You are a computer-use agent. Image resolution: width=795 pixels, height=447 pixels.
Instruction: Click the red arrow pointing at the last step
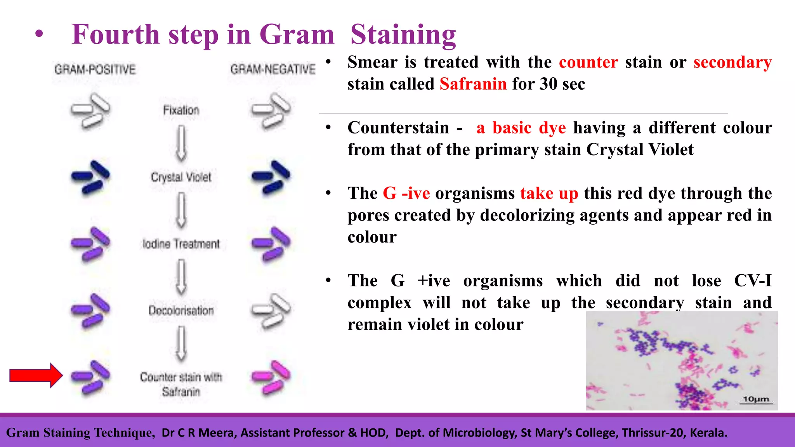(36, 375)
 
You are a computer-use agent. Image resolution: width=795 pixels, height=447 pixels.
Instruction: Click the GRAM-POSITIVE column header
(95, 69)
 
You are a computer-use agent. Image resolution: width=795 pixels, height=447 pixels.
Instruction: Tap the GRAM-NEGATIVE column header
(273, 69)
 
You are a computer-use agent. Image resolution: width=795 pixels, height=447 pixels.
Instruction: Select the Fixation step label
(181, 110)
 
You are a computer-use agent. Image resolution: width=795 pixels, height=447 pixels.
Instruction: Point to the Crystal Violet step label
(181, 177)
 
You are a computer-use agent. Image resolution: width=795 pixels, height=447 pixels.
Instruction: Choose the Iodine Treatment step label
(181, 244)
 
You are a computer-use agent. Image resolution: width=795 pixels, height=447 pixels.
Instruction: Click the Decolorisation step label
(181, 310)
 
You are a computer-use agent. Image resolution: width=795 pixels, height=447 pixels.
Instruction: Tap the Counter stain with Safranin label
(181, 384)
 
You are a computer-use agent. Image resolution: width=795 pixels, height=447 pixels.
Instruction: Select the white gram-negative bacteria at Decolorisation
(271, 310)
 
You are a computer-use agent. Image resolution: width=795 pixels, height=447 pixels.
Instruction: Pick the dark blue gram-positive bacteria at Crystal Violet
(90, 177)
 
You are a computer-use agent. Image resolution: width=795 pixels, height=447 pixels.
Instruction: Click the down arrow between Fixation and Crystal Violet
(181, 143)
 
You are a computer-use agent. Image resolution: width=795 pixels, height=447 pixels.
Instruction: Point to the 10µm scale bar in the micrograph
(756, 400)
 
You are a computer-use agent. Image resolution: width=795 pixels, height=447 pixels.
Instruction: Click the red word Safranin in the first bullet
(473, 84)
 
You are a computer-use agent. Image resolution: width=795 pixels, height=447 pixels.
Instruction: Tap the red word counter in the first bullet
(588, 62)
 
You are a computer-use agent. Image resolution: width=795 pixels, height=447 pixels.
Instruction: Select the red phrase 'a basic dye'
(521, 128)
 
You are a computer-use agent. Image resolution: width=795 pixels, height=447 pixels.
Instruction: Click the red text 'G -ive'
(406, 193)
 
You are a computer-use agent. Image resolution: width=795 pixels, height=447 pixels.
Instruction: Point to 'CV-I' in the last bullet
(752, 281)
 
